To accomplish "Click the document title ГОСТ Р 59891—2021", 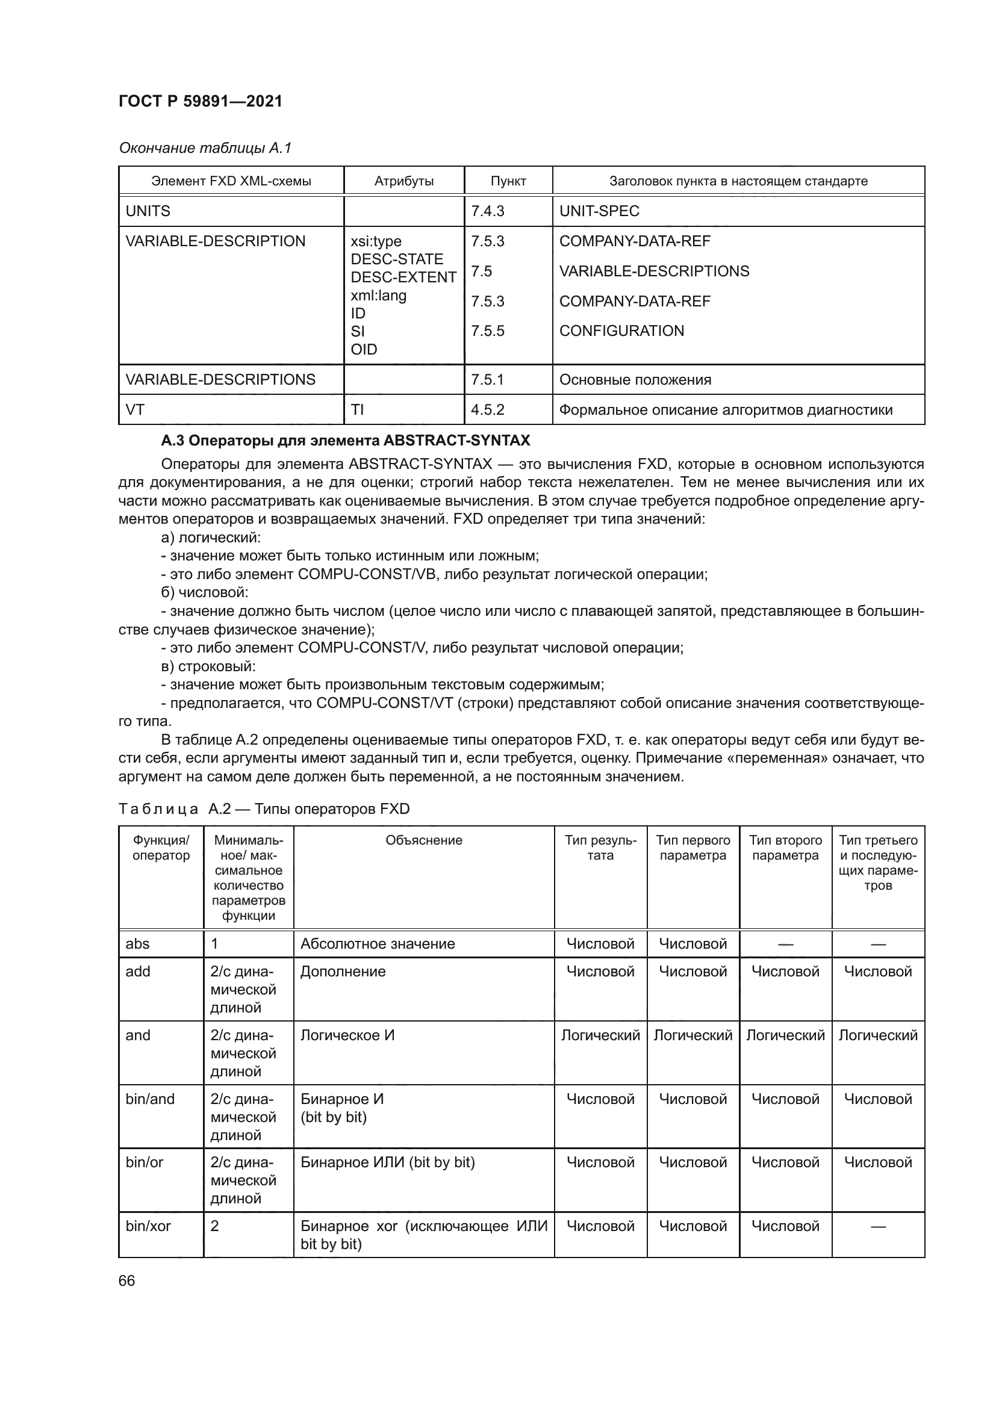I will (200, 101).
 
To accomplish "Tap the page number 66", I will (127, 1280).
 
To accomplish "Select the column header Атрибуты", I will (403, 181).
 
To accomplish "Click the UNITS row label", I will (148, 211).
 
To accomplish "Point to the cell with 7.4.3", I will (488, 211).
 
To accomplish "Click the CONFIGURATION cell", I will (621, 330).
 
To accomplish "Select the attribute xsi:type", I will (376, 241).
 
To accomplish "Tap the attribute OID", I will (364, 349).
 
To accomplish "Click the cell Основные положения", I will (635, 380).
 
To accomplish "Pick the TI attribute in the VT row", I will (357, 410).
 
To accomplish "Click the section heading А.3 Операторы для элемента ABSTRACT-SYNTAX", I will (345, 440).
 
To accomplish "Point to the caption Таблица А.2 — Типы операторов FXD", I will (264, 809).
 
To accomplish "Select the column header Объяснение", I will (424, 840).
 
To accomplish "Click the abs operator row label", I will (137, 944).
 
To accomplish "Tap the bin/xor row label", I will (148, 1226).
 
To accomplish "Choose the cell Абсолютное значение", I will (377, 944).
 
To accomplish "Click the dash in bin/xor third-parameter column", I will (877, 1226).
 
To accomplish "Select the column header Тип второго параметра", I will (785, 848).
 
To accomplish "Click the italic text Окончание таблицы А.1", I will (205, 148).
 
